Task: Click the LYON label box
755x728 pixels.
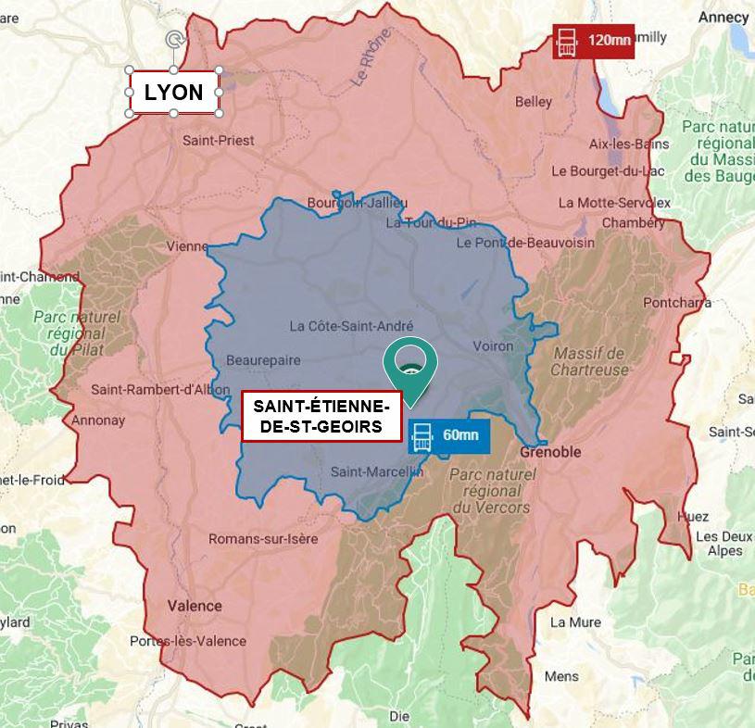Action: (x=174, y=92)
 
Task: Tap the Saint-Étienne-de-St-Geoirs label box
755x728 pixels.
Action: (x=321, y=416)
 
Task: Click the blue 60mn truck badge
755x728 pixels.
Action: (x=448, y=435)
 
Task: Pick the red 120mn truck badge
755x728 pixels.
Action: (x=593, y=41)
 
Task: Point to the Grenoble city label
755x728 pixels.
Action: (x=550, y=452)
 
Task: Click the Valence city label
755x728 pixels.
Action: (x=195, y=606)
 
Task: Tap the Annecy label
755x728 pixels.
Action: (x=724, y=17)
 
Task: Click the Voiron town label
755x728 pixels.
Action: (x=493, y=345)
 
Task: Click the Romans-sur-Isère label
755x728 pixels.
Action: (x=263, y=539)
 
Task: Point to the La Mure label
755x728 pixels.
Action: (x=575, y=622)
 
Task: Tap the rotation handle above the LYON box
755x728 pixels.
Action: (x=173, y=39)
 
